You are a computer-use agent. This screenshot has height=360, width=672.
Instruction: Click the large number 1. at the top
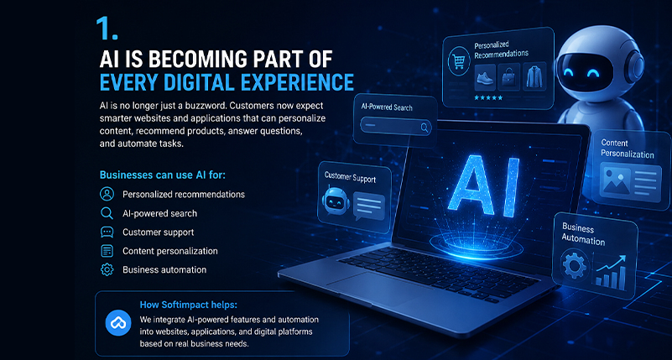[x=107, y=29]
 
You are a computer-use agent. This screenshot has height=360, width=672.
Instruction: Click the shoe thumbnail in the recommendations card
[x=485, y=77]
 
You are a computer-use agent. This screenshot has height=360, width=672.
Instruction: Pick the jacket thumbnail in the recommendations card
[x=534, y=76]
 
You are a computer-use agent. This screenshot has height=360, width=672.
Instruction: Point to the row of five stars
[x=488, y=98]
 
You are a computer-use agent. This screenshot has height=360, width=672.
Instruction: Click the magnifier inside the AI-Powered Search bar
[x=425, y=127]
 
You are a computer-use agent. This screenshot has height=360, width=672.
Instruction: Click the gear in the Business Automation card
[x=575, y=265]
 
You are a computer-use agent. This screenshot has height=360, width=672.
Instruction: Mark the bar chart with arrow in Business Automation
[x=610, y=270]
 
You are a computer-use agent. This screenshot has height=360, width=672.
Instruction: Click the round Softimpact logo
[x=117, y=323]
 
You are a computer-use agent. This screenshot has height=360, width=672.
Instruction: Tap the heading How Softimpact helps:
[x=189, y=305]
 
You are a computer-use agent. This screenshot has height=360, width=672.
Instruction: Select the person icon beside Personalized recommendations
[x=107, y=194]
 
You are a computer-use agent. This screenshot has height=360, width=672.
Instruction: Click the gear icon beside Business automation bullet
[x=107, y=269]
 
